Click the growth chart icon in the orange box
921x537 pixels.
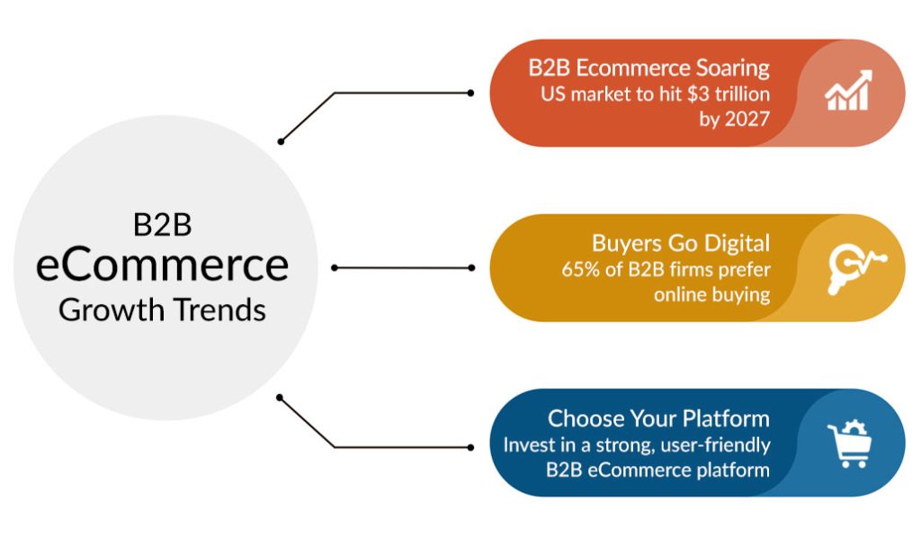(847, 91)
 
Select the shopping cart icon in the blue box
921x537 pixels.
(848, 444)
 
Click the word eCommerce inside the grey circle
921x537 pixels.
(163, 265)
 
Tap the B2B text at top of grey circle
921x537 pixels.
(163, 225)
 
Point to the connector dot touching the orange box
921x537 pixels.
(470, 93)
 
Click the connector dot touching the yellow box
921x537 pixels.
(470, 268)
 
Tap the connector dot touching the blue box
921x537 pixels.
(470, 446)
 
